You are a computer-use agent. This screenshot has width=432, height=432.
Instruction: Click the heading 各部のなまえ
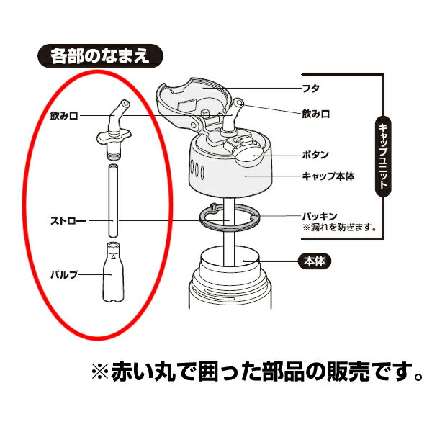(100, 56)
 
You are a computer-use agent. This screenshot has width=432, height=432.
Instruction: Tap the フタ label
(311, 89)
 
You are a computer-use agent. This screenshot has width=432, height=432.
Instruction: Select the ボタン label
(316, 155)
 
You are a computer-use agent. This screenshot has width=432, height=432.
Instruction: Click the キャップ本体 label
(328, 176)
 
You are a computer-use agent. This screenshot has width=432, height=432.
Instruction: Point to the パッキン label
(320, 216)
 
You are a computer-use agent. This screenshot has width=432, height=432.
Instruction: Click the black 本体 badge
(315, 261)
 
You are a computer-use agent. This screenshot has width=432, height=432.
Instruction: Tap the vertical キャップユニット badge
(383, 156)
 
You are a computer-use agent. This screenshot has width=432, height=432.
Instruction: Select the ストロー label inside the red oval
(68, 221)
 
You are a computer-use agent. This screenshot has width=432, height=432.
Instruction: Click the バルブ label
(64, 274)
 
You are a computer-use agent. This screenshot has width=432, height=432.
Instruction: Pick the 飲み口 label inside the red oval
(65, 116)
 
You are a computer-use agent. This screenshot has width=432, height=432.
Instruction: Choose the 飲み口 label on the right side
(316, 114)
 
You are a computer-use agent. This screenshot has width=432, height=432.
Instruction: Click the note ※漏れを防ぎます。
(340, 228)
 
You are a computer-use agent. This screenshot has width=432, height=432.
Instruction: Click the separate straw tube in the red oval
(113, 201)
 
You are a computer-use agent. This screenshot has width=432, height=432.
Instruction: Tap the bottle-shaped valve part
(113, 272)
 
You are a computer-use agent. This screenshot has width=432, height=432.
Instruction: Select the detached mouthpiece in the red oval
(114, 130)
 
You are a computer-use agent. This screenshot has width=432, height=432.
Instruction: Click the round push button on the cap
(249, 156)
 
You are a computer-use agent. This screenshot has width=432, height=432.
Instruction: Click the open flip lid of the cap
(193, 102)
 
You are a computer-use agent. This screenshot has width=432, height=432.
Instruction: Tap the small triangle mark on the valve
(113, 257)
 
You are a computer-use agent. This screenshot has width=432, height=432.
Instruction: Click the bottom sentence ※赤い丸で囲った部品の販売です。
(257, 372)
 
